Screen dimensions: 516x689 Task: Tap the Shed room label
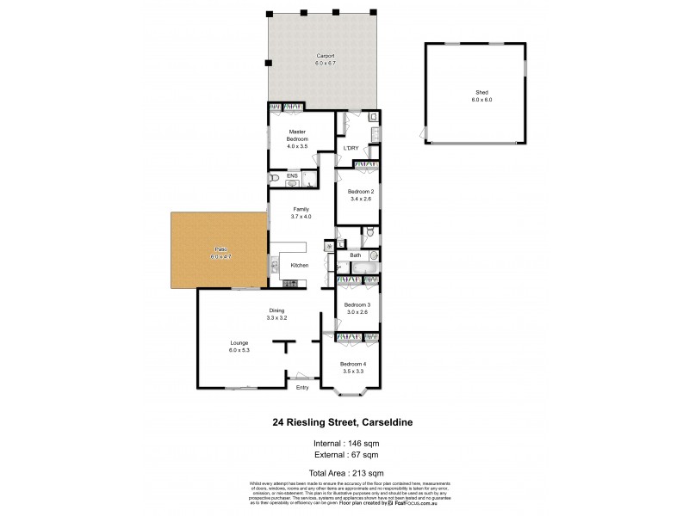coord(481,92)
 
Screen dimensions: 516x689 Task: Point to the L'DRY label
coord(351,149)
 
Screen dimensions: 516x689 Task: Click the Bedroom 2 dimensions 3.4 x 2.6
coord(360,199)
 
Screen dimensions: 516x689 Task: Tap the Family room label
coord(301,209)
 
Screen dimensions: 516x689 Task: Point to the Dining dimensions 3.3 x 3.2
coord(276,318)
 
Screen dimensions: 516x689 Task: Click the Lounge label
coord(239,342)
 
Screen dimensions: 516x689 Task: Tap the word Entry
coord(301,388)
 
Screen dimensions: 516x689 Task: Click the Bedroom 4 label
coord(353,364)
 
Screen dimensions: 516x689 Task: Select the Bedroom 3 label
coord(357,305)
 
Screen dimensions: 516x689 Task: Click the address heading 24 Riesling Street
coord(344,423)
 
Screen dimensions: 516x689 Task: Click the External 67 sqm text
coord(344,455)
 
